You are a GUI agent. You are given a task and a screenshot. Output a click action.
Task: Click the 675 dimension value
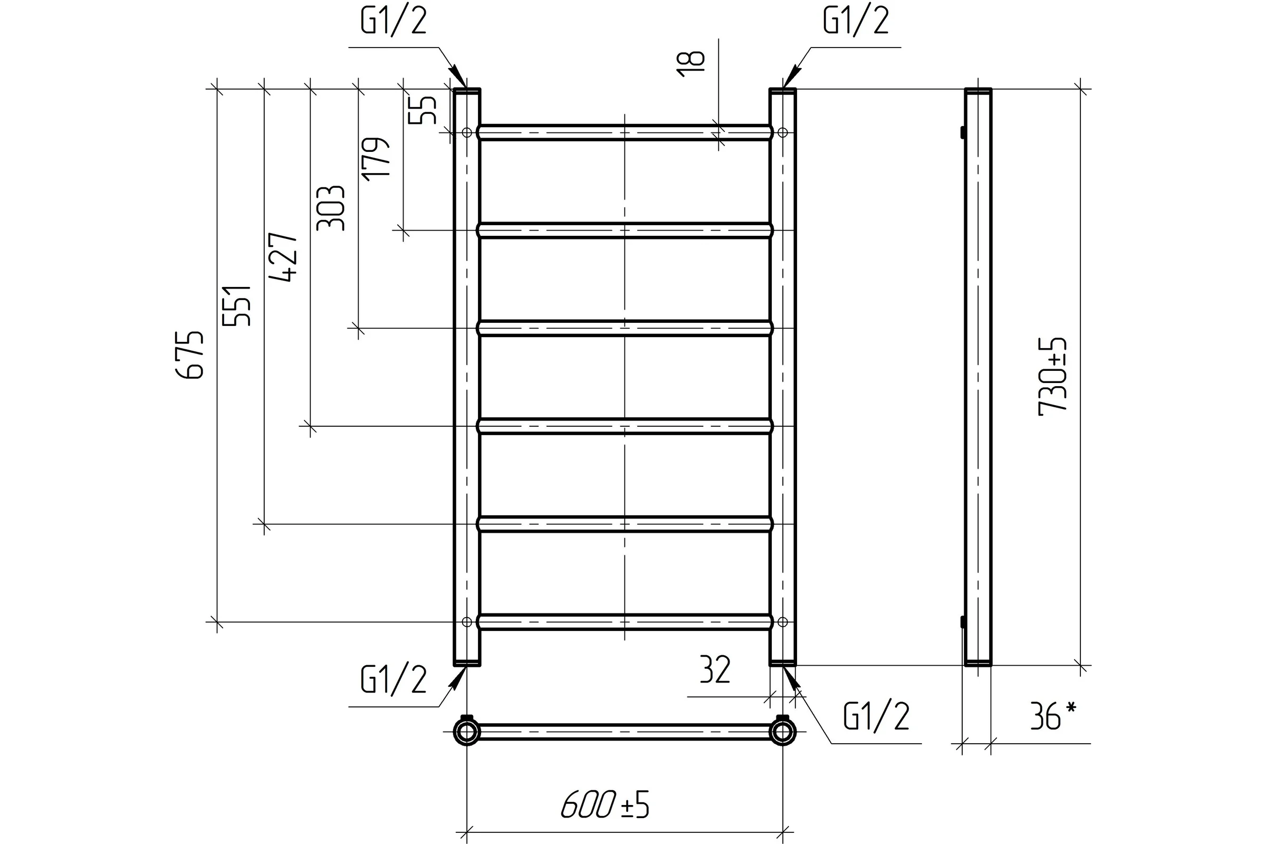pos(190,355)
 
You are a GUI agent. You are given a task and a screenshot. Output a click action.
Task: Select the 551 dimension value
pos(237,306)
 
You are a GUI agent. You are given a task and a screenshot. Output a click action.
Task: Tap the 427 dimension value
pos(283,257)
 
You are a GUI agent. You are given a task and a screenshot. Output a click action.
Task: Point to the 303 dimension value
pos(330,208)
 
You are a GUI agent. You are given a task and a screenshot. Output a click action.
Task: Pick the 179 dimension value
pos(376,159)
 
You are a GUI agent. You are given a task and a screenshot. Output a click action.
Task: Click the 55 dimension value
pos(423,110)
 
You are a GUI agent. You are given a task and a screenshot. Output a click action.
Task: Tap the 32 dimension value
pos(715,669)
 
